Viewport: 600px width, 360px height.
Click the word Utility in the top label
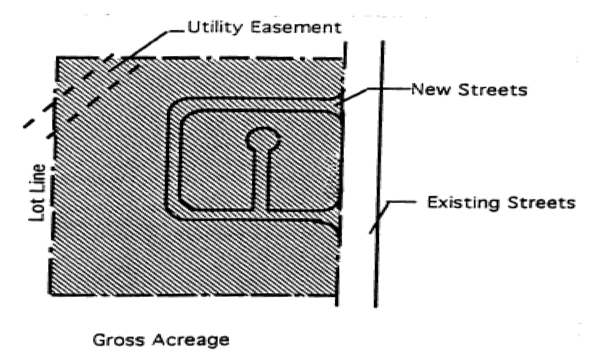[214, 27]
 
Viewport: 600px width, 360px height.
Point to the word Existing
[464, 203]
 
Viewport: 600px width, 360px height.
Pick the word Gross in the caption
[118, 340]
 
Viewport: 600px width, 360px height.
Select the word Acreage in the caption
[191, 340]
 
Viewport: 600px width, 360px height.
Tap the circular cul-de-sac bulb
[263, 139]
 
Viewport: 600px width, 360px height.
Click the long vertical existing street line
[379, 162]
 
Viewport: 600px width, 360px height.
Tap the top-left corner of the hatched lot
[58, 58]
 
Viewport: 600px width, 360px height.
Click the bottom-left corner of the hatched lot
[52, 294]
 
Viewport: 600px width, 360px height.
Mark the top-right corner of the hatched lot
[343, 58]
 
